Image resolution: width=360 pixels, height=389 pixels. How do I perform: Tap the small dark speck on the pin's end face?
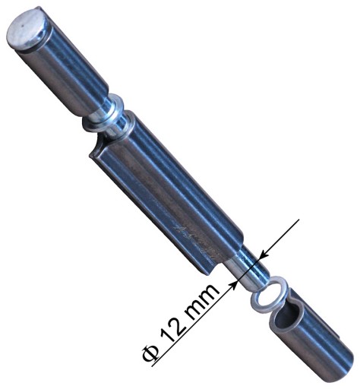point(23,25)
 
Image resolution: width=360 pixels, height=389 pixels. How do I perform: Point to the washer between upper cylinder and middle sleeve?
point(104,112)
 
